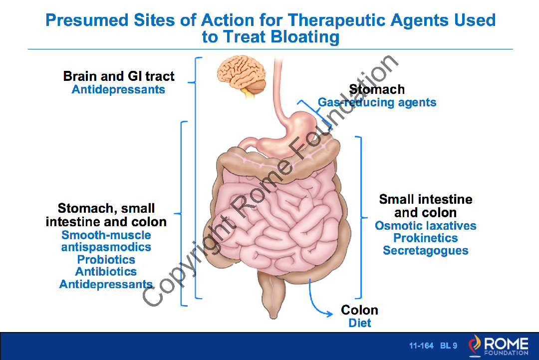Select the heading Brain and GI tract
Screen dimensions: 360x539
119,76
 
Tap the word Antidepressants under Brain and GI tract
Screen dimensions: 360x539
118,90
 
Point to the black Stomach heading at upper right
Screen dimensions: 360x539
377,89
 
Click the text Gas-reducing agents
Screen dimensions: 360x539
377,103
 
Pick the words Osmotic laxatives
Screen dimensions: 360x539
426,226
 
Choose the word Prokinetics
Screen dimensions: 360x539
426,238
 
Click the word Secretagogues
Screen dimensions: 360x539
426,251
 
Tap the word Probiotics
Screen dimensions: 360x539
106,260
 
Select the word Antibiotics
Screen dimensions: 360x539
106,272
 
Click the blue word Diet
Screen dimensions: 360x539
360,323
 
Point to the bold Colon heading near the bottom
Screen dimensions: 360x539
359,310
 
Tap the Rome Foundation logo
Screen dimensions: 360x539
499,346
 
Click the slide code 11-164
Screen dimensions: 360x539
421,346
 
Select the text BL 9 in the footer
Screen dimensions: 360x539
449,346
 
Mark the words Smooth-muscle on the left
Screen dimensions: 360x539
106,235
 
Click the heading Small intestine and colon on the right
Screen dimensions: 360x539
426,206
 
